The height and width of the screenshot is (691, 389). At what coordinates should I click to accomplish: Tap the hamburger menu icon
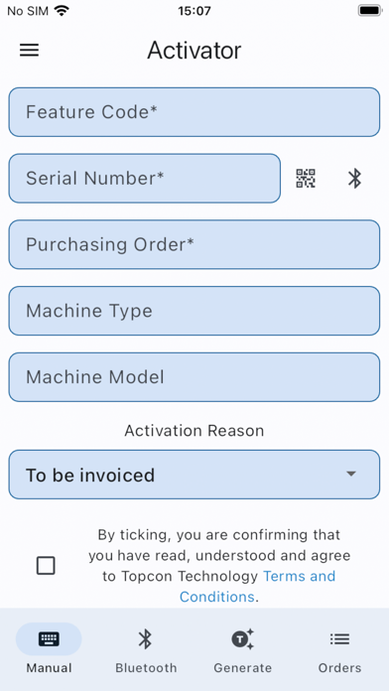pyautogui.click(x=30, y=51)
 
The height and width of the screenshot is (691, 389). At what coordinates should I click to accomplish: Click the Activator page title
pyautogui.click(x=194, y=51)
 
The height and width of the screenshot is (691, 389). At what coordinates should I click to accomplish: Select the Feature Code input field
pyautogui.click(x=194, y=112)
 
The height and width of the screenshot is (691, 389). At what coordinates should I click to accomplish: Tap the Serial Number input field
pyautogui.click(x=145, y=179)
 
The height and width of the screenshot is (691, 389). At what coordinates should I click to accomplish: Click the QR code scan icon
pyautogui.click(x=306, y=179)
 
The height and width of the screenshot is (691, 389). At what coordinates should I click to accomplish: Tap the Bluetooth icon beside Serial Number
pyautogui.click(x=354, y=179)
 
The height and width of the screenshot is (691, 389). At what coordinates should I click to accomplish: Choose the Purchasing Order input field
pyautogui.click(x=194, y=244)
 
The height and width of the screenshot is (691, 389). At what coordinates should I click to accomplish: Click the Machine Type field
pyautogui.click(x=194, y=311)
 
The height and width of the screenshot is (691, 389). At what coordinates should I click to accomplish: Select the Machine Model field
pyautogui.click(x=194, y=377)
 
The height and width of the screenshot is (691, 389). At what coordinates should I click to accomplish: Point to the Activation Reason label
pyautogui.click(x=194, y=431)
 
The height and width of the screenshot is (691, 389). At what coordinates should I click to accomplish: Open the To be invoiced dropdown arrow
pyautogui.click(x=350, y=475)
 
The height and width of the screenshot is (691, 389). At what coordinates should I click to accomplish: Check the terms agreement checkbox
pyautogui.click(x=46, y=566)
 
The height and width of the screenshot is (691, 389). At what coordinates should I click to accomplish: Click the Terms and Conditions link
pyautogui.click(x=299, y=576)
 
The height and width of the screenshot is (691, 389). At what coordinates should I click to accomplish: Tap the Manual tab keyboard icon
pyautogui.click(x=49, y=639)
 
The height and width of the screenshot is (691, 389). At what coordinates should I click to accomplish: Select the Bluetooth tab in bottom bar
pyautogui.click(x=146, y=649)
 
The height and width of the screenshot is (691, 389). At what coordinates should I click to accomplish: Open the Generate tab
pyautogui.click(x=243, y=649)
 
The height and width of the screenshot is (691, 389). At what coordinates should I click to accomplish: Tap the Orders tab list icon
pyautogui.click(x=339, y=639)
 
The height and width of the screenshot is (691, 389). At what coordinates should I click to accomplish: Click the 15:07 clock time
pyautogui.click(x=194, y=11)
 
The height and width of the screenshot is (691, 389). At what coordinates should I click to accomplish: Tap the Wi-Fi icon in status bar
pyautogui.click(x=62, y=11)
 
